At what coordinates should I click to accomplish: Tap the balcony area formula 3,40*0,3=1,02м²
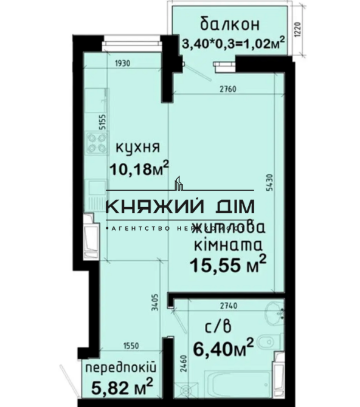[234, 44]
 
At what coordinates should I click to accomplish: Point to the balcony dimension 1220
[298, 30]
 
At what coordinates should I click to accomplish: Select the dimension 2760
[228, 89]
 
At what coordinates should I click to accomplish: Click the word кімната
[227, 245]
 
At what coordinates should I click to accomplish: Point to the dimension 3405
[155, 303]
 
